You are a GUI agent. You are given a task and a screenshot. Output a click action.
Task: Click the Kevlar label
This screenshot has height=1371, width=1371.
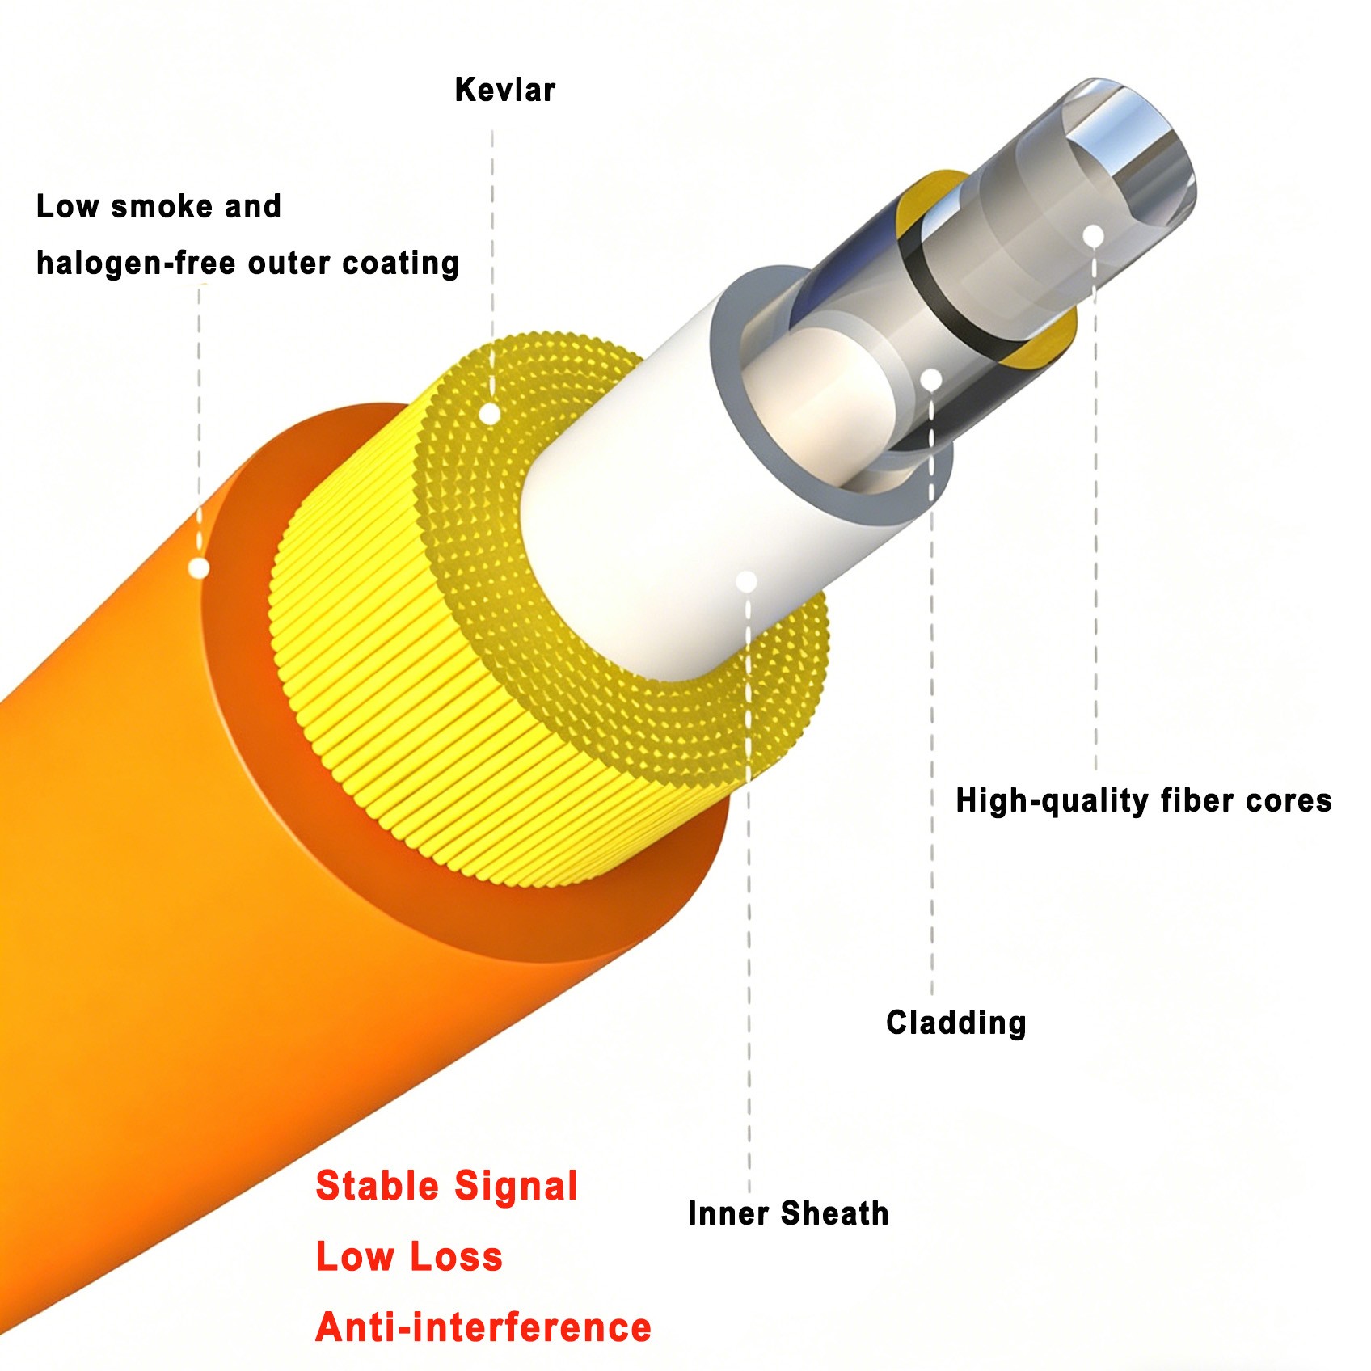tap(504, 90)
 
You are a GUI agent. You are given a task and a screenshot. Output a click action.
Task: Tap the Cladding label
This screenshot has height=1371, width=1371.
tap(955, 1023)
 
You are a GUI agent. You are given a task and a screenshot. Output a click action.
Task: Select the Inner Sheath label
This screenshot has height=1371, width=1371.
tap(787, 1213)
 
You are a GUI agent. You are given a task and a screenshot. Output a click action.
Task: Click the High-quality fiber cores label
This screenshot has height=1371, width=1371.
tap(1143, 800)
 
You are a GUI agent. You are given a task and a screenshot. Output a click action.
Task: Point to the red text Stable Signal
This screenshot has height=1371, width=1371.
tap(446, 1186)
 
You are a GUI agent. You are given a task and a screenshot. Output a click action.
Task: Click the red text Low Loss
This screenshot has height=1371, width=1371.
tap(409, 1256)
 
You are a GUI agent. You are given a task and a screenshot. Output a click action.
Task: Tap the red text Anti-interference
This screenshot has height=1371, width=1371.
tap(483, 1327)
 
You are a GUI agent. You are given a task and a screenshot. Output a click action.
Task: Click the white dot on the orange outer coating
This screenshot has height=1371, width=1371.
tap(198, 568)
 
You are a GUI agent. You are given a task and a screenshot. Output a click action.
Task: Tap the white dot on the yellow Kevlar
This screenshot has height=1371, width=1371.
tap(489, 414)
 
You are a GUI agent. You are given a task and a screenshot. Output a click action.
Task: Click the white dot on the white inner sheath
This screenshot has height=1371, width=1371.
tap(747, 581)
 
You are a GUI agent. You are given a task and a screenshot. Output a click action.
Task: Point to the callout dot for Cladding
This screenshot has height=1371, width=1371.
tap(931, 378)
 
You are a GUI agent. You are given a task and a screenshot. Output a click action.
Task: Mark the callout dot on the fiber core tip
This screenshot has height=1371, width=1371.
tap(1093, 236)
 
